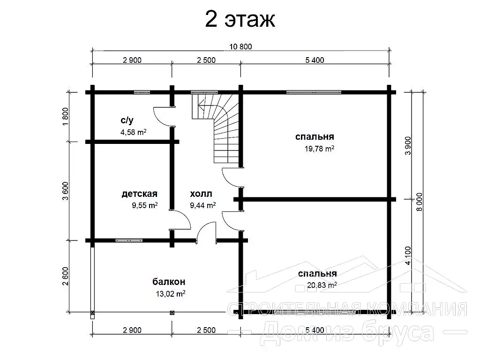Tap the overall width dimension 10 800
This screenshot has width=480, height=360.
(240, 46)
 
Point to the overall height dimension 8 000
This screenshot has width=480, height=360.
(419, 202)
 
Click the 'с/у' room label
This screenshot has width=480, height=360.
(127, 120)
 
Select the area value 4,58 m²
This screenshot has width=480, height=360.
(134, 132)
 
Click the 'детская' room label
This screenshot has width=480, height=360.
(139, 194)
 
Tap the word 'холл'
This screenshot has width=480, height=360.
(201, 194)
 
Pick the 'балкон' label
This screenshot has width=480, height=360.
(169, 281)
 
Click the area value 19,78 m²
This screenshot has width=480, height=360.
(319, 149)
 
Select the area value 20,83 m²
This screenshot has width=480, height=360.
(322, 285)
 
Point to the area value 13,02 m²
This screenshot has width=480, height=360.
(171, 294)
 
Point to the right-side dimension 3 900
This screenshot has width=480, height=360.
(408, 145)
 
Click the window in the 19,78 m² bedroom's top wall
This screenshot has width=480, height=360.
(314, 92)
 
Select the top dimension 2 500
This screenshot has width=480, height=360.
(206, 60)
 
